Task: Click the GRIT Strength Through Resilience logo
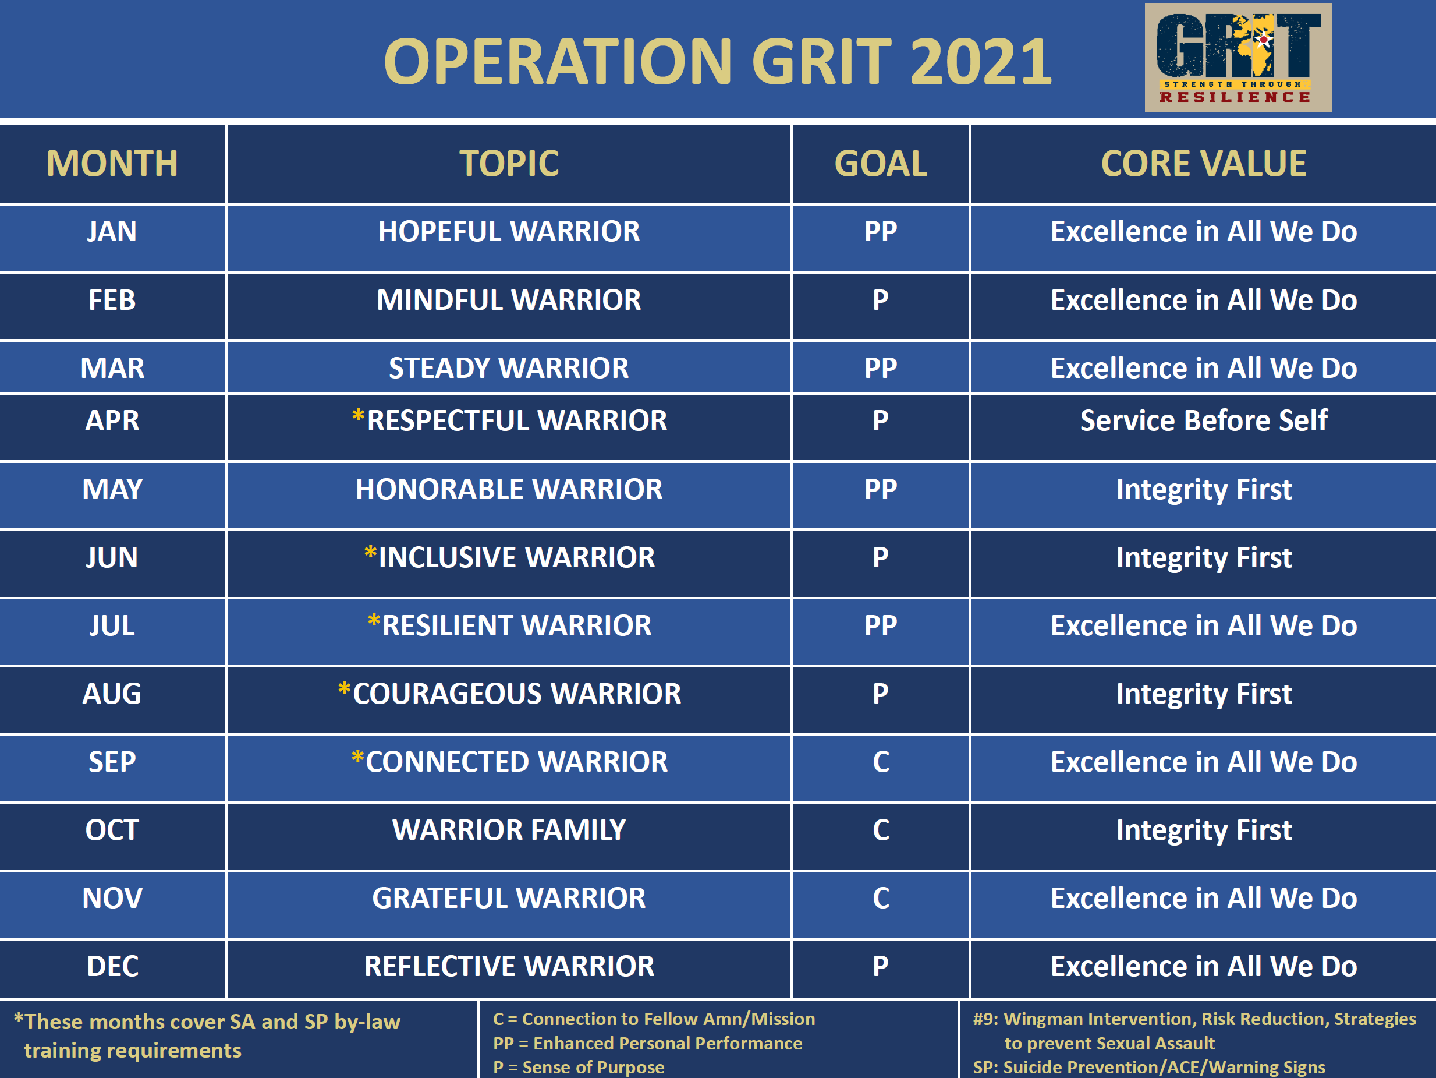[x=1238, y=57]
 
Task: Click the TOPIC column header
[x=509, y=164]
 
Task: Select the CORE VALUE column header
[x=1204, y=164]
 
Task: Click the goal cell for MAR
[x=880, y=368]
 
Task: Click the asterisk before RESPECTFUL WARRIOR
[x=358, y=416]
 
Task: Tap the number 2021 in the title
[x=980, y=62]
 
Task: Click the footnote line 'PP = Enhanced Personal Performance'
[x=647, y=1043]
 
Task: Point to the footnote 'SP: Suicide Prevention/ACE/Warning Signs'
[x=1148, y=1067]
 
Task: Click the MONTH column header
[x=112, y=164]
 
